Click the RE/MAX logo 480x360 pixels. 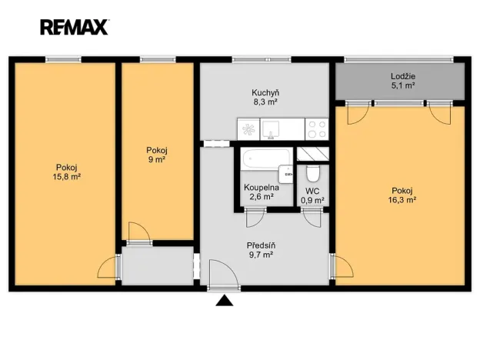click(x=75, y=27)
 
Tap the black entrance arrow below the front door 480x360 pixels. click(x=225, y=301)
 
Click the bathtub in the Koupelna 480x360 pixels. click(x=265, y=158)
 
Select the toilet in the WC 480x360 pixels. click(x=313, y=174)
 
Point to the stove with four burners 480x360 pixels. click(x=317, y=129)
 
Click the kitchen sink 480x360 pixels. click(x=270, y=129)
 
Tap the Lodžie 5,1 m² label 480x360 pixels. click(x=403, y=81)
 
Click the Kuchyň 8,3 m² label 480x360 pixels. click(x=265, y=98)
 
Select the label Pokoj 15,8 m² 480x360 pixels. click(x=66, y=172)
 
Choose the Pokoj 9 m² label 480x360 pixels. click(x=157, y=155)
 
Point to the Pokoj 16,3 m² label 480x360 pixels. click(x=402, y=195)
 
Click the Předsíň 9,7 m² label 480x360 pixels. click(x=261, y=250)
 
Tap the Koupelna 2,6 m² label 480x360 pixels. click(x=262, y=192)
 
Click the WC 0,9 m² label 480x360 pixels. click(x=312, y=196)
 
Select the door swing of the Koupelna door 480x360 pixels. click(x=255, y=218)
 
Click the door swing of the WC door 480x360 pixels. click(x=312, y=218)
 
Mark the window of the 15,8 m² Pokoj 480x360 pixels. click(x=63, y=59)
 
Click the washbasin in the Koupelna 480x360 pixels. click(x=285, y=175)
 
